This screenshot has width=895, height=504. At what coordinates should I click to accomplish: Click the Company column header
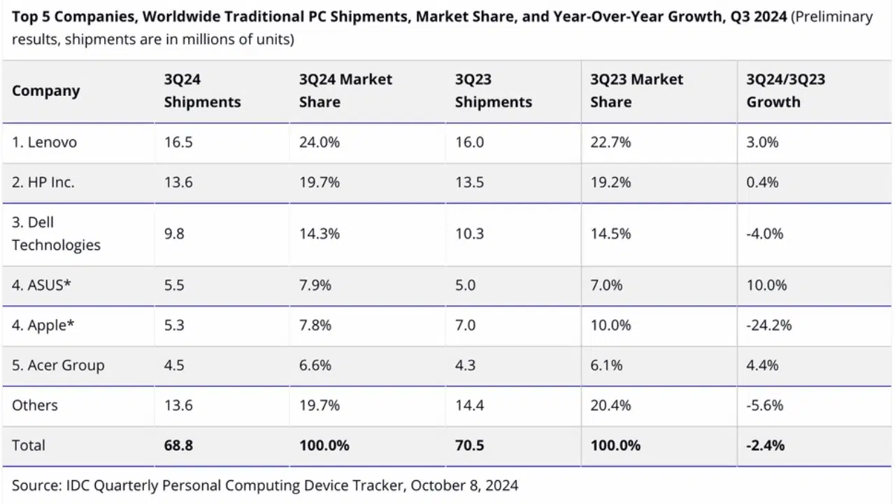[x=46, y=91]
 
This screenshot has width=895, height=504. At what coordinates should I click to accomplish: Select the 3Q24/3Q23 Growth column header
[x=785, y=91]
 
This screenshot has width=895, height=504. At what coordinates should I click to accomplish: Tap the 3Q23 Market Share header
[x=636, y=91]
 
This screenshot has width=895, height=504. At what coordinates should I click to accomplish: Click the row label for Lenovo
[x=45, y=142]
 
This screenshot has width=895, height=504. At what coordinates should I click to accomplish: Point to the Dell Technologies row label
[x=56, y=234]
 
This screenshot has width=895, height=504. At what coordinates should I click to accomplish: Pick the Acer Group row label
[x=58, y=365]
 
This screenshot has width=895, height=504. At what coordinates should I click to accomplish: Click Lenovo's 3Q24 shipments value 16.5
[x=178, y=142]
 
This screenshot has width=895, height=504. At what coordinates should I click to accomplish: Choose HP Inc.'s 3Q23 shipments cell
[x=469, y=183]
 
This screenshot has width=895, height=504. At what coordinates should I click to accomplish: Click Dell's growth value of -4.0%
[x=765, y=234]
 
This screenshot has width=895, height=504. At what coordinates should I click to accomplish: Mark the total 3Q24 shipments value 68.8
[x=178, y=445]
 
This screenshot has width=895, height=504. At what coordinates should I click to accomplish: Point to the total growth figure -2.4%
[x=765, y=445]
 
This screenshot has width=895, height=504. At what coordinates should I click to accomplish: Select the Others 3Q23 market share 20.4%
[x=610, y=405]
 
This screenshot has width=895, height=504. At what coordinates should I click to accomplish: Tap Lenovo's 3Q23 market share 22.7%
[x=610, y=142]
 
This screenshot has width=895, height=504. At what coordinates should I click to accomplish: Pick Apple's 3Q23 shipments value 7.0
[x=465, y=325]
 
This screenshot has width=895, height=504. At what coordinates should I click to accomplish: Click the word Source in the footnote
[x=34, y=485]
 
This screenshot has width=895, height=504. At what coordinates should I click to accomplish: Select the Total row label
[x=29, y=445]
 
